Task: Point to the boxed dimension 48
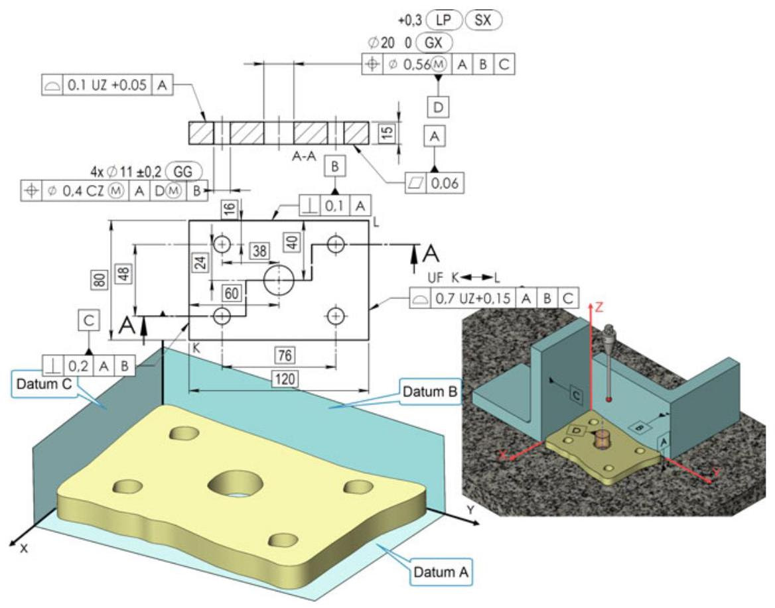point(124,273)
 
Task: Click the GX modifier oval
point(434,43)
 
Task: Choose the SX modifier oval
point(484,20)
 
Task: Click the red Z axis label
point(599,307)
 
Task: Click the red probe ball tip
point(609,398)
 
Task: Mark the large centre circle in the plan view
point(279,280)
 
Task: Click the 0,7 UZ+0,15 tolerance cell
point(473,298)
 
